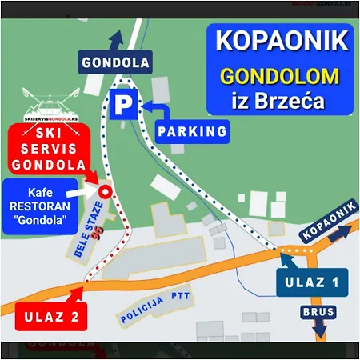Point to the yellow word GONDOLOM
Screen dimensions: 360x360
click(x=279, y=77)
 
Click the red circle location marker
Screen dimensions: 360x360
click(x=105, y=190)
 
